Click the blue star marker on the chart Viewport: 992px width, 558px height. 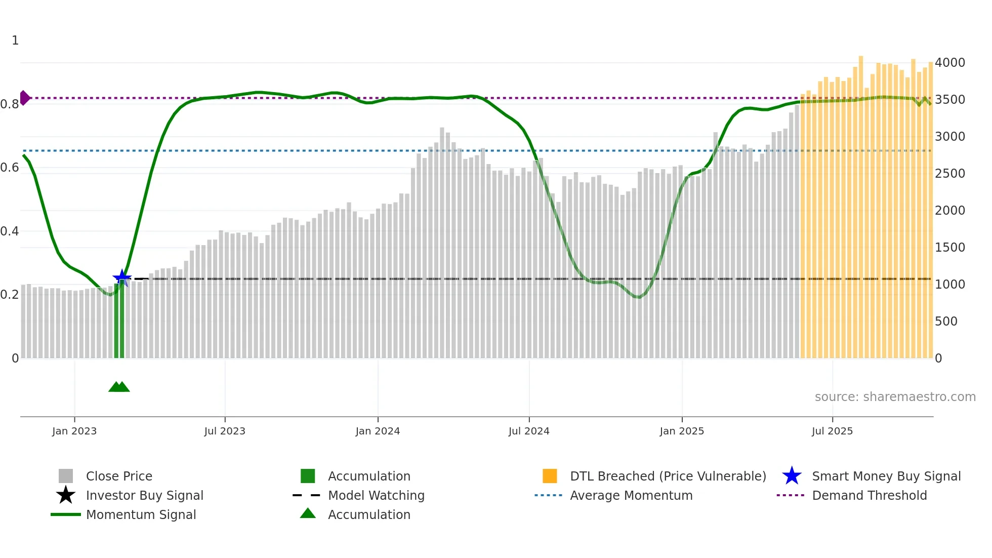(122, 278)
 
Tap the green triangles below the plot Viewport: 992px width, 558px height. (119, 387)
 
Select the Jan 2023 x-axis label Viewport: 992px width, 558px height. (74, 431)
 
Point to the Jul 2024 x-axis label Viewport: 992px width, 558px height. (529, 431)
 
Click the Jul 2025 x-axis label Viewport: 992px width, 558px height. (832, 431)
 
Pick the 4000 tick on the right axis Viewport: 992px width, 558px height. (950, 62)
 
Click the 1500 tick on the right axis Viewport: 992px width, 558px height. (950, 247)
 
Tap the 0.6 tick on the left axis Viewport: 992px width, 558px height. (10, 168)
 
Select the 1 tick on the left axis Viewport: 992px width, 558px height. (15, 40)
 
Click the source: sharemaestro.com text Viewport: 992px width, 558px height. (895, 396)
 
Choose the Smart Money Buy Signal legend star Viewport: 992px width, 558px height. (792, 476)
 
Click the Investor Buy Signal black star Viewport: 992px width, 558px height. (66, 495)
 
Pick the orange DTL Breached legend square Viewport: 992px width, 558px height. (550, 476)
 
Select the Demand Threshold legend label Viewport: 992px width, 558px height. (869, 495)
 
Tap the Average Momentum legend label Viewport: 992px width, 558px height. (631, 495)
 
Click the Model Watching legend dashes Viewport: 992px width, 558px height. (307, 495)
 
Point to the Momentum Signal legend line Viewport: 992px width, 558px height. (66, 514)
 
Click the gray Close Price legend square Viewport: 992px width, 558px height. (66, 476)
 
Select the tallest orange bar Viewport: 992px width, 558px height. (861, 203)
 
